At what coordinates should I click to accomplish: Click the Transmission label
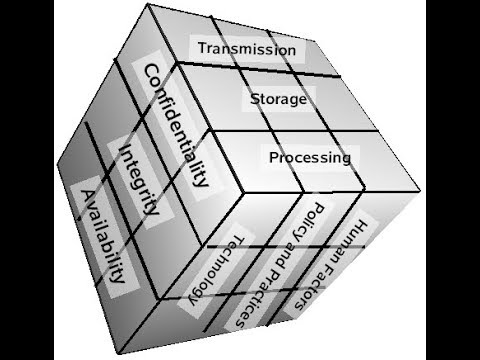246,48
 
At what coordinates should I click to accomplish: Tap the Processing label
309,157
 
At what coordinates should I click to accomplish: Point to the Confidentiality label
177,126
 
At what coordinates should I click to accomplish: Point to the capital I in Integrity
125,151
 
